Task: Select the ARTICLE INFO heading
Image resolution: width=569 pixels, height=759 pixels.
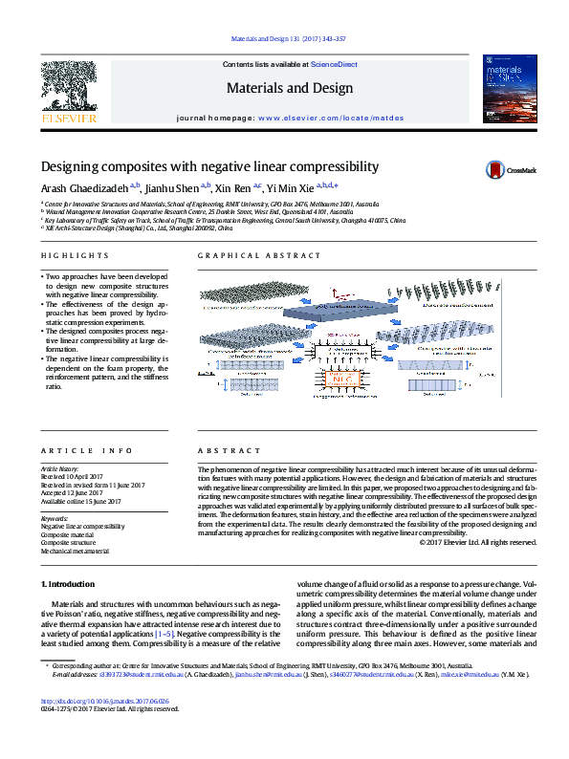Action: point(73,449)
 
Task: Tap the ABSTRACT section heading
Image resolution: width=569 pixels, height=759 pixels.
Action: point(221,449)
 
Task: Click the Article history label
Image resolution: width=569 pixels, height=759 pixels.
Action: point(60,469)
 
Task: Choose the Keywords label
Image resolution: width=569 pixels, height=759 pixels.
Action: point(54,517)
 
